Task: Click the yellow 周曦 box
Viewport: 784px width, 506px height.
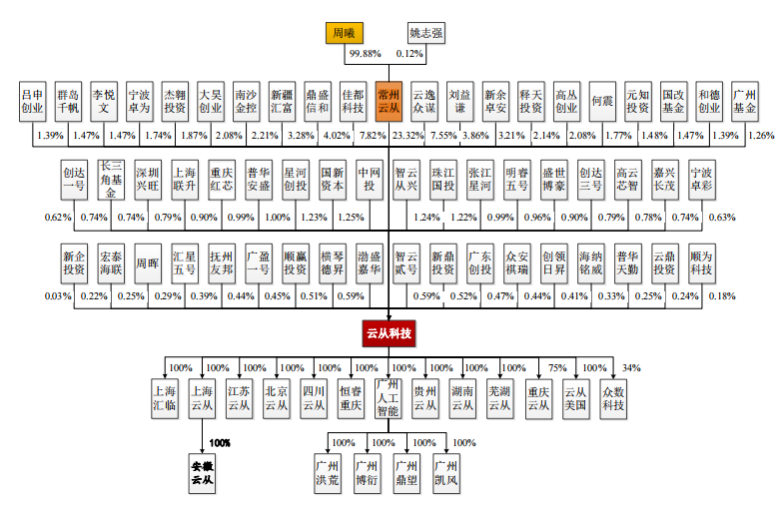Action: (344, 33)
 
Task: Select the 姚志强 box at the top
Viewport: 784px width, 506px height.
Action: (426, 33)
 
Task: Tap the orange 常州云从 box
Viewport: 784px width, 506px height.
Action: (389, 102)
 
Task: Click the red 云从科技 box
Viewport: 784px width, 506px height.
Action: (389, 333)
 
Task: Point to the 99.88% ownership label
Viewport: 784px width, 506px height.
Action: (365, 54)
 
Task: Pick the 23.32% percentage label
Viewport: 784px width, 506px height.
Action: (408, 136)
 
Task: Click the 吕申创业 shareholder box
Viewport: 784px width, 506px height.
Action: (33, 102)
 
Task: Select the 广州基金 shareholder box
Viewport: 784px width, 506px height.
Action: (744, 102)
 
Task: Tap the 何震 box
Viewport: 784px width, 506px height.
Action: (602, 102)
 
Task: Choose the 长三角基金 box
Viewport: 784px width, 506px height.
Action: (111, 180)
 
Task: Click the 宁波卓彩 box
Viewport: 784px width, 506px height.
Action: (701, 180)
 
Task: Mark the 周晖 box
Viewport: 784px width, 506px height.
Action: (148, 263)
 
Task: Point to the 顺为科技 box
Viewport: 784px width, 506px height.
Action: (701, 263)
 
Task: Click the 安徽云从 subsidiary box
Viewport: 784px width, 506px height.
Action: (202, 473)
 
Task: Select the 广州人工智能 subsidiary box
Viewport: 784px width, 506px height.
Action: (388, 398)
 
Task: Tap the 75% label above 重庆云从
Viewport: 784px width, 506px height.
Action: (557, 368)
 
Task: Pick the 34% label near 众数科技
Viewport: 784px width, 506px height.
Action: (631, 368)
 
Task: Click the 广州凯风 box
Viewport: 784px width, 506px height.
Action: (446, 473)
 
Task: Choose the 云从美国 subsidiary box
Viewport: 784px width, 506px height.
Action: (575, 398)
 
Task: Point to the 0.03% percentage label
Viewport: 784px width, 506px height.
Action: (58, 296)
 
